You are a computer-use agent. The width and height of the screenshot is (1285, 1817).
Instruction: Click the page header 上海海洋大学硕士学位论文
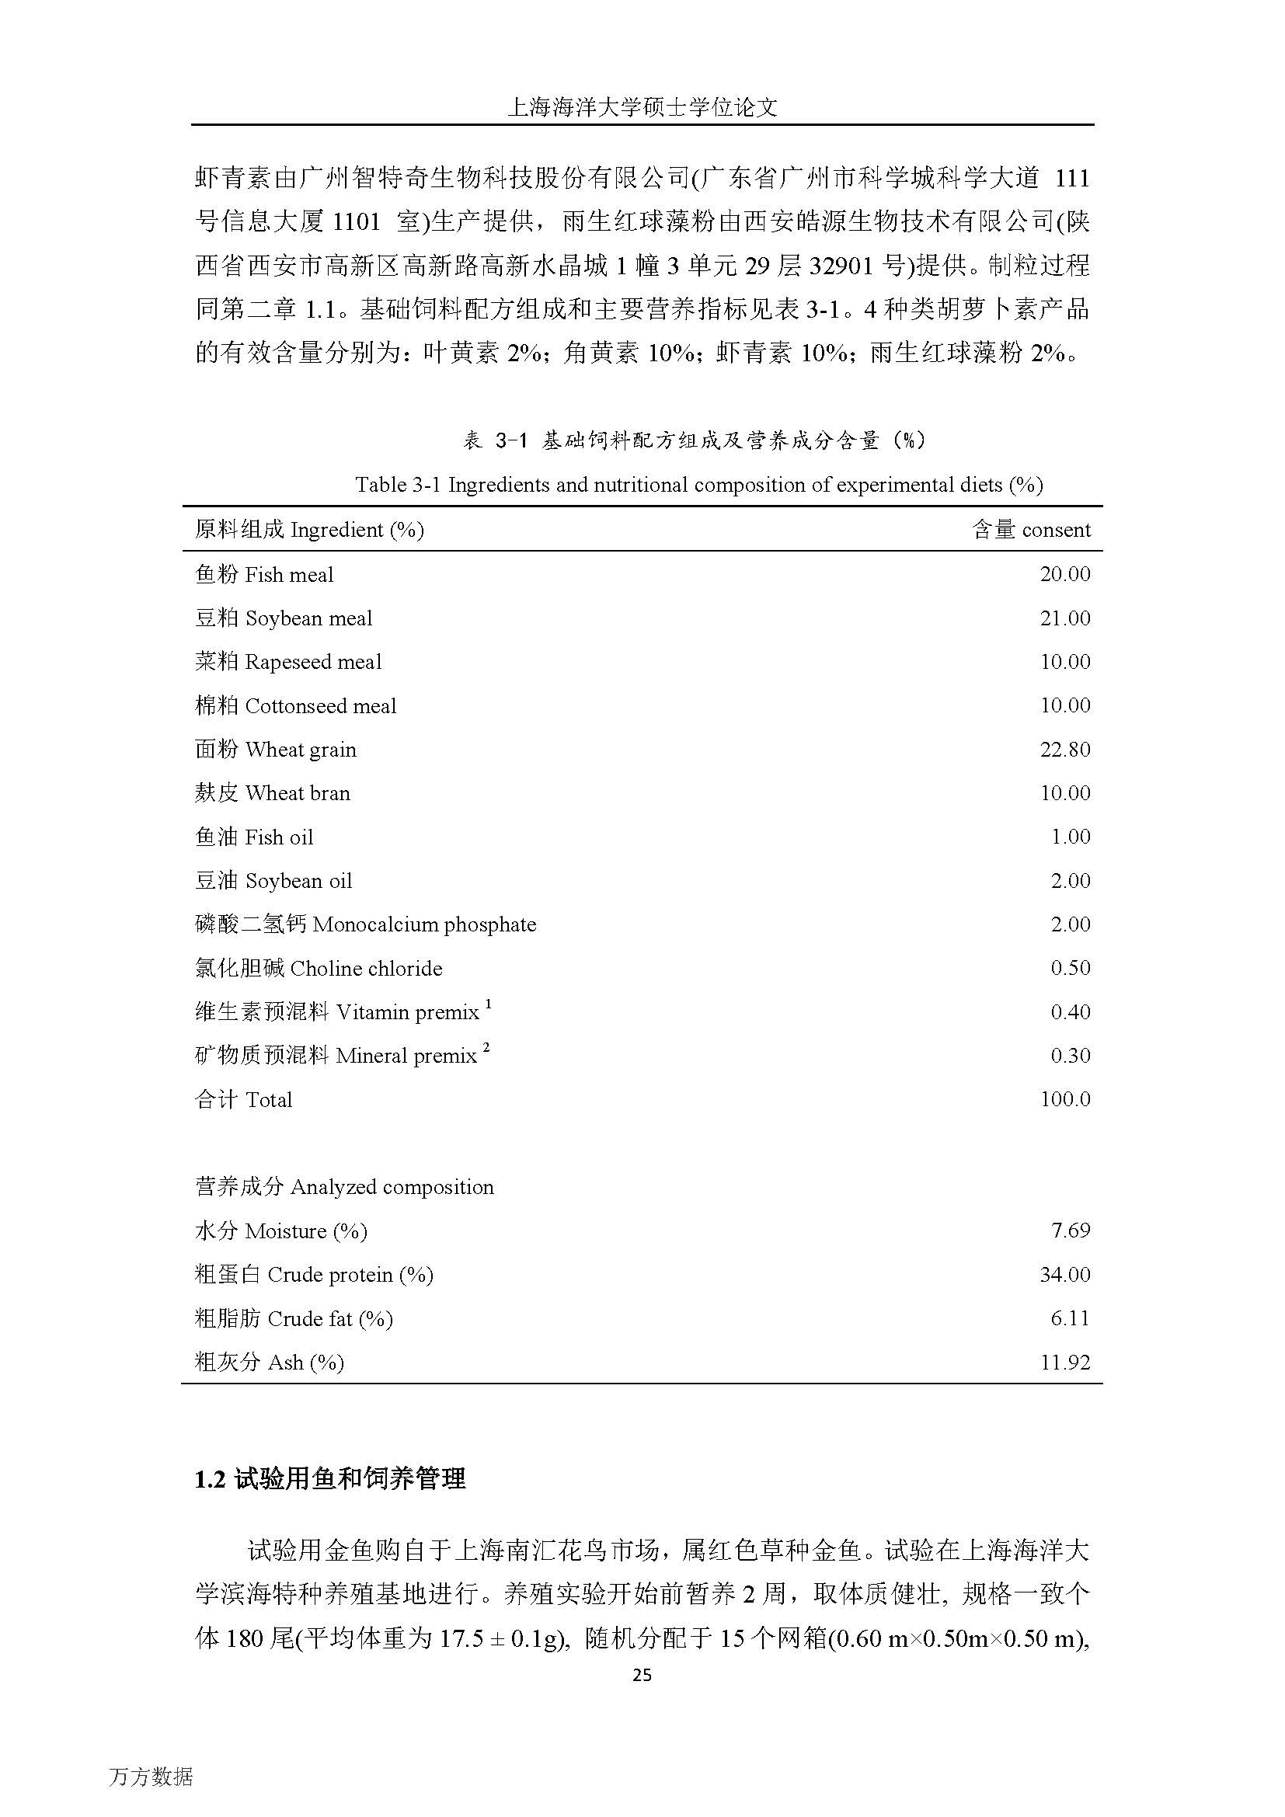(x=642, y=108)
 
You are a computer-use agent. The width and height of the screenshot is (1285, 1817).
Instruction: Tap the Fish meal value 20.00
(x=1064, y=575)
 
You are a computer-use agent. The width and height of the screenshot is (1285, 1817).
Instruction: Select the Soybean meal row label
(x=284, y=618)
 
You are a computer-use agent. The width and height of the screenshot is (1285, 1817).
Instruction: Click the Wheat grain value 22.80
(x=1064, y=750)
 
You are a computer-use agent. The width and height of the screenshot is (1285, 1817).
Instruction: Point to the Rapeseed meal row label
(x=288, y=662)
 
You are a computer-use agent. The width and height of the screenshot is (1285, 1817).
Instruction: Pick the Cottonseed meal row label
(x=295, y=706)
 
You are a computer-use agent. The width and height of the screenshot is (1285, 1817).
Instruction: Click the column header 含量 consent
(x=1031, y=531)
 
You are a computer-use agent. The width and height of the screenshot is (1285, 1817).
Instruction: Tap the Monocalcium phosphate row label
(x=365, y=924)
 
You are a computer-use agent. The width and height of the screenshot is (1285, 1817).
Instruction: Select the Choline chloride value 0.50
(x=1070, y=968)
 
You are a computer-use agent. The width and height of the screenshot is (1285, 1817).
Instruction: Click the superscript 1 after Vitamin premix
(x=488, y=1004)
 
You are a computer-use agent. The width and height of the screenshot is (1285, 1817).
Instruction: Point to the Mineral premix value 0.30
(x=1070, y=1056)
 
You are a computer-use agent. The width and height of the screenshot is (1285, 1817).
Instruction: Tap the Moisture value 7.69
(x=1070, y=1230)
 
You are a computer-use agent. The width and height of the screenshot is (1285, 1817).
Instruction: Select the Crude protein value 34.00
(x=1064, y=1275)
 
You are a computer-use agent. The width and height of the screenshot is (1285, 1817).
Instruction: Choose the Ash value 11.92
(x=1064, y=1363)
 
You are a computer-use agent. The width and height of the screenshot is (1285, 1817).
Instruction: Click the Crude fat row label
(x=294, y=1318)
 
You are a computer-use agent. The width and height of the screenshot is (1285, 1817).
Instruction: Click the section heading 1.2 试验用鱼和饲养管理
(x=330, y=1478)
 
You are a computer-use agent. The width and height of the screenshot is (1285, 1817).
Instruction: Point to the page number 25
(x=642, y=1675)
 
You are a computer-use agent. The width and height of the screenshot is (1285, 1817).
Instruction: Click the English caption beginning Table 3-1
(x=698, y=484)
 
